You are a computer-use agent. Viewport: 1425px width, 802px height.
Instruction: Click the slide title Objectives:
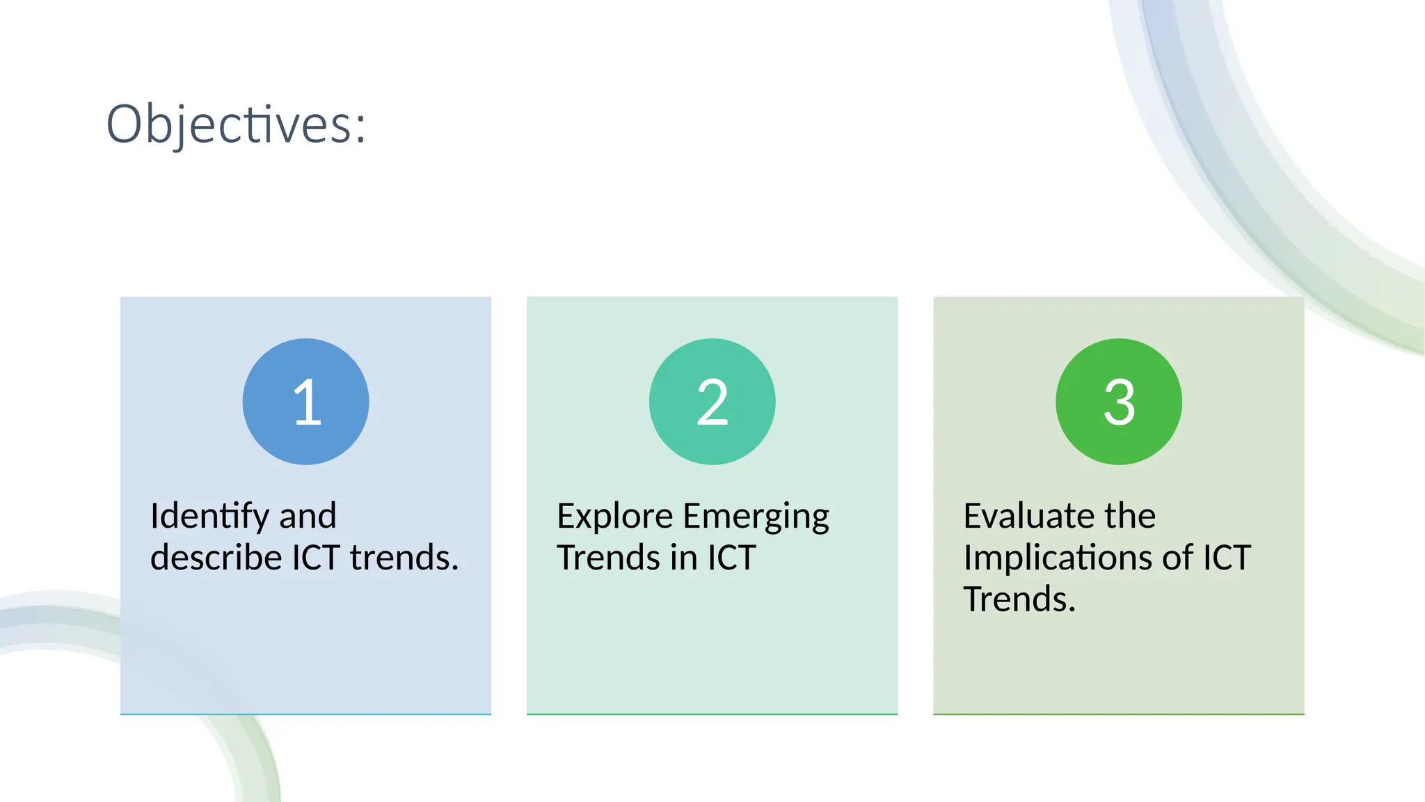pos(235,124)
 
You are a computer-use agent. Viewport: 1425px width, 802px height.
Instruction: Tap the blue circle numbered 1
pos(305,402)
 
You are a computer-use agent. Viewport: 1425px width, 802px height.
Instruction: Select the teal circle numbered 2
pos(712,402)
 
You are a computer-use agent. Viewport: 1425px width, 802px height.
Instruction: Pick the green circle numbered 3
pos(1118,402)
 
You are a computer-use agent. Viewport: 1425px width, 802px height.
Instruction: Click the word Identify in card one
pos(209,517)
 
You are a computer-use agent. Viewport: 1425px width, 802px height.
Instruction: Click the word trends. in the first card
pos(404,558)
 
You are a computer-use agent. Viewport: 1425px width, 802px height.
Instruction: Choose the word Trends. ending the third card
pos(1019,599)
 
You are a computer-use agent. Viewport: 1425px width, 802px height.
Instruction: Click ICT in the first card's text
pos(316,558)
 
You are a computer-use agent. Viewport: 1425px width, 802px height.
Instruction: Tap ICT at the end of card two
pos(731,558)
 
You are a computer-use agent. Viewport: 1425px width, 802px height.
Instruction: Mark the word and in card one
pos(308,517)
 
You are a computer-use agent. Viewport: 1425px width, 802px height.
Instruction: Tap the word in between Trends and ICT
pos(684,558)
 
